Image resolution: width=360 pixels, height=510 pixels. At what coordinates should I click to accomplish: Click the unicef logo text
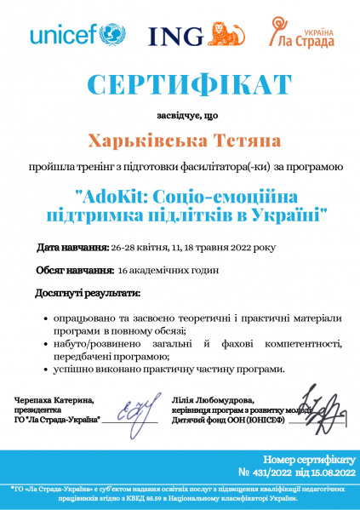click(x=64, y=36)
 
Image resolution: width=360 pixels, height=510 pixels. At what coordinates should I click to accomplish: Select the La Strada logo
click(x=303, y=34)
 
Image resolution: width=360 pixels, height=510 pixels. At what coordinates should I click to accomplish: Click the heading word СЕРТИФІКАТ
click(x=180, y=85)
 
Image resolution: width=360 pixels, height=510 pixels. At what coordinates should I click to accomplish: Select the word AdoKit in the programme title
click(x=110, y=195)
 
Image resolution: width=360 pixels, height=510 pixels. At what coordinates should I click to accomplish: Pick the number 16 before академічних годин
click(x=124, y=270)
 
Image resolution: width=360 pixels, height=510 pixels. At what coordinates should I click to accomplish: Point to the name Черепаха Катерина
click(x=54, y=399)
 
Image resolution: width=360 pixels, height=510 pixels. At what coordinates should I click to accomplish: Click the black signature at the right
click(x=326, y=413)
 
